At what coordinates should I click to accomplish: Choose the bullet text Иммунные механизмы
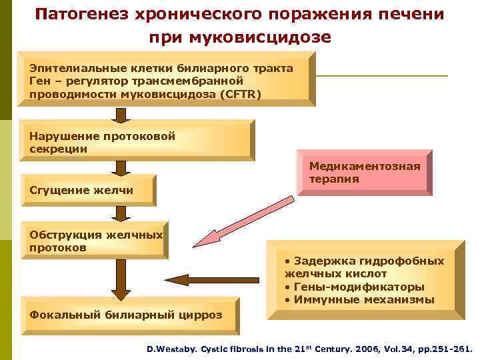(x=363, y=299)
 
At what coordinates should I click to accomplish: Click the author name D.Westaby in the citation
(x=171, y=348)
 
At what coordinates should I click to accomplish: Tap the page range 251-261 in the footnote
(x=450, y=348)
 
